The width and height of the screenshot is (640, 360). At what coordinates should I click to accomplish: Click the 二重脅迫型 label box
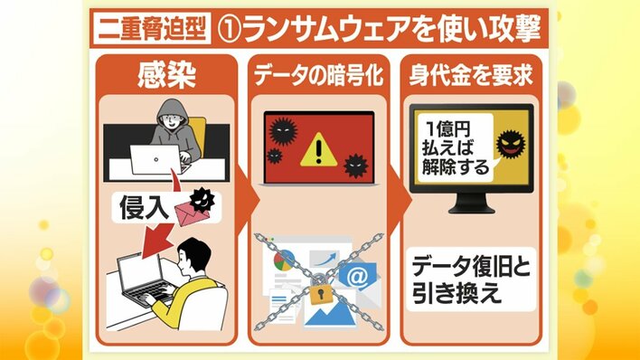pyautogui.click(x=152, y=28)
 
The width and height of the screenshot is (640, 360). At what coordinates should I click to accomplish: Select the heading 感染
pyautogui.click(x=166, y=76)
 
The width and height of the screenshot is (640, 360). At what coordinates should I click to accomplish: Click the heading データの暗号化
pyautogui.click(x=318, y=76)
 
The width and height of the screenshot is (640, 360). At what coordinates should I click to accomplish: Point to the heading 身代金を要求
pyautogui.click(x=471, y=76)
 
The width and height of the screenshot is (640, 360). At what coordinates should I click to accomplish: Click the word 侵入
pyautogui.click(x=144, y=207)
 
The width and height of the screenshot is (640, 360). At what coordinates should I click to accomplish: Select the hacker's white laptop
pyautogui.click(x=155, y=159)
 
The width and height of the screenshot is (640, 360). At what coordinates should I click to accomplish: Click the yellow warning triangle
pyautogui.click(x=319, y=150)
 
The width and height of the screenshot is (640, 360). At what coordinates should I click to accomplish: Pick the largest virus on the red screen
pyautogui.click(x=283, y=131)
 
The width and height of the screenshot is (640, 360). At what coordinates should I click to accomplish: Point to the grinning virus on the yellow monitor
pyautogui.click(x=511, y=144)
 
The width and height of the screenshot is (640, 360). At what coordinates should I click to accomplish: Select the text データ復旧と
pyautogui.click(x=471, y=267)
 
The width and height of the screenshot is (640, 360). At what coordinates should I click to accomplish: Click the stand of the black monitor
pyautogui.click(x=472, y=204)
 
